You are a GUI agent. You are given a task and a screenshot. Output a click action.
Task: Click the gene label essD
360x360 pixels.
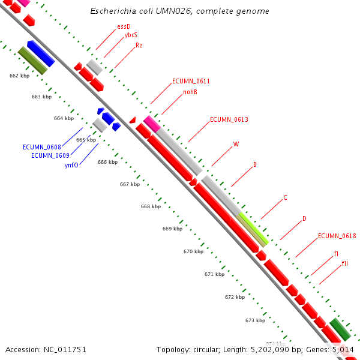(x=124, y=26)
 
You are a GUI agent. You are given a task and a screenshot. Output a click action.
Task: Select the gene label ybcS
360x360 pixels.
(x=131, y=35)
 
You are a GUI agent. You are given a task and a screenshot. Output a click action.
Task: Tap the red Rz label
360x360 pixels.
(x=139, y=45)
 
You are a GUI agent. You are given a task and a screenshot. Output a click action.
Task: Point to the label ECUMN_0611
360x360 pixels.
(x=191, y=81)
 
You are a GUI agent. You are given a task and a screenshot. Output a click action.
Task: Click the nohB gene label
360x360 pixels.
(x=190, y=92)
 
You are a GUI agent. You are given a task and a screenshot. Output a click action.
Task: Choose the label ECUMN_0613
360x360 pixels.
(x=229, y=120)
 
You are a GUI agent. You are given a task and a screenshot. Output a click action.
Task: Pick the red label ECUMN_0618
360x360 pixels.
(x=337, y=236)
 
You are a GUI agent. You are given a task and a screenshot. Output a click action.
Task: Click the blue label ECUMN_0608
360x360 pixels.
(x=42, y=147)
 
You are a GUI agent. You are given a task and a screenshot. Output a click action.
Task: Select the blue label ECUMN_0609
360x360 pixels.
(x=50, y=155)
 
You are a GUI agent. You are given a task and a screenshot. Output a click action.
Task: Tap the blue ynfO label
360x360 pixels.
(x=71, y=164)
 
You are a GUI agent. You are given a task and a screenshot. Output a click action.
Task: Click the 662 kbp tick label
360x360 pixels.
(x=19, y=76)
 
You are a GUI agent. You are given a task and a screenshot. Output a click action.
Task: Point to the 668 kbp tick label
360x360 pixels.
(x=151, y=206)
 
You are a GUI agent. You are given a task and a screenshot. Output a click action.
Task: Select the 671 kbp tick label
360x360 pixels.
(x=214, y=274)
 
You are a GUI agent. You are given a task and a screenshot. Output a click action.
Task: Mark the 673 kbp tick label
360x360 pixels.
(x=255, y=320)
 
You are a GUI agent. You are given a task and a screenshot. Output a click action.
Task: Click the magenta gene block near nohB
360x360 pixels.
(x=151, y=124)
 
